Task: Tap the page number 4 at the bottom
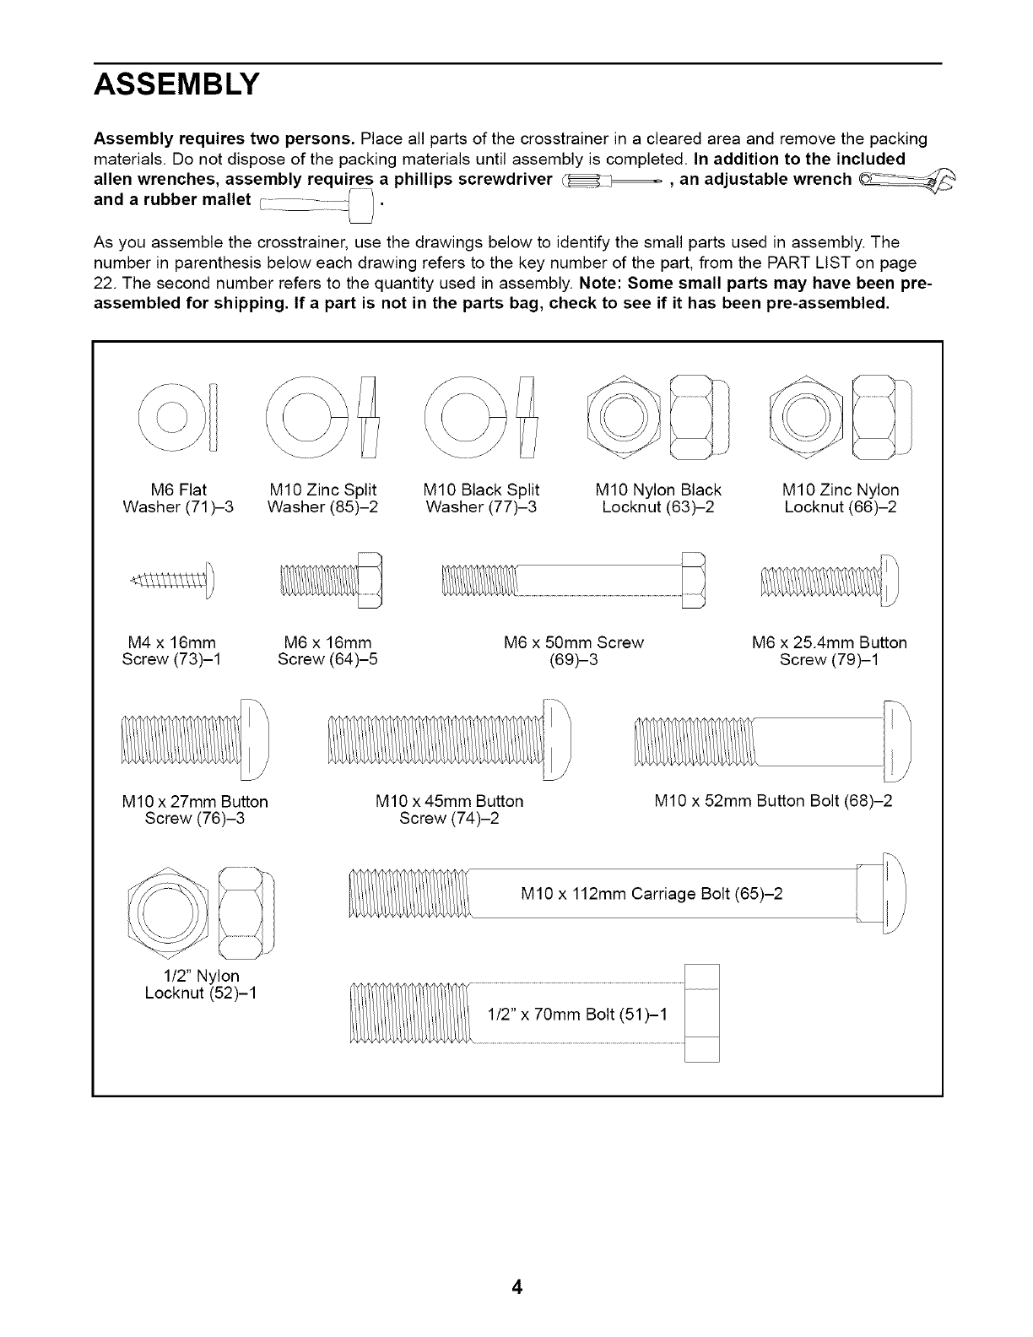(x=516, y=1287)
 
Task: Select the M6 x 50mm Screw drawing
(x=572, y=578)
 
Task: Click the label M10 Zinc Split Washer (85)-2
(x=322, y=498)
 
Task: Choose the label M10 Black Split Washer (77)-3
(x=482, y=498)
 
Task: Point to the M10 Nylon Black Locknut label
(x=658, y=498)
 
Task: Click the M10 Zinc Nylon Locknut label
(x=841, y=498)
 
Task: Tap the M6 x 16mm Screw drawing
(x=331, y=579)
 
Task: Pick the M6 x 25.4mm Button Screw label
(x=829, y=651)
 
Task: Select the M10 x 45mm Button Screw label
(x=449, y=809)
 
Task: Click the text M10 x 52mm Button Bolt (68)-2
(x=773, y=800)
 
